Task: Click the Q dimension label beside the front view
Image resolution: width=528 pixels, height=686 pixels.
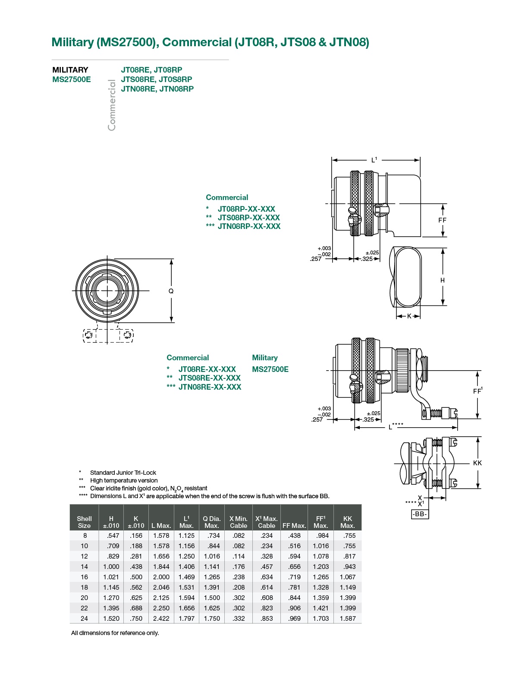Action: pyautogui.click(x=171, y=291)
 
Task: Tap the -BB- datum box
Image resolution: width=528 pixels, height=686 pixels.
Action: pyautogui.click(x=420, y=514)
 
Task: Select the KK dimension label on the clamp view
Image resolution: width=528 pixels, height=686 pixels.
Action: pyautogui.click(x=477, y=463)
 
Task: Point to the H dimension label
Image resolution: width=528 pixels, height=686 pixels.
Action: pyautogui.click(x=443, y=280)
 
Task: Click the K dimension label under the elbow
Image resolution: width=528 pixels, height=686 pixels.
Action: pyautogui.click(x=409, y=316)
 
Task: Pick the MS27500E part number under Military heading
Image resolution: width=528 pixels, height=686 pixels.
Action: pyautogui.click(x=270, y=369)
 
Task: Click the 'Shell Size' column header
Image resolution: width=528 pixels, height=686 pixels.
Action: pyautogui.click(x=84, y=522)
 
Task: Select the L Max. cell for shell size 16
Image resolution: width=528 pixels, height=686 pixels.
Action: pyautogui.click(x=161, y=577)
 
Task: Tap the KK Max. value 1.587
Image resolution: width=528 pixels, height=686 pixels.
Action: pyautogui.click(x=347, y=619)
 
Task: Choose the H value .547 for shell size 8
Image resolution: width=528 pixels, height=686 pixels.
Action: pyautogui.click(x=113, y=535)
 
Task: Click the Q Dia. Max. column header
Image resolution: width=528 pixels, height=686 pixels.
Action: pyautogui.click(x=211, y=522)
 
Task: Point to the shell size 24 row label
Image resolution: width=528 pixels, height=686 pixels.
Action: pyautogui.click(x=84, y=619)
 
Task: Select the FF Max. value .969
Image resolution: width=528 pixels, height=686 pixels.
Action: pyautogui.click(x=294, y=619)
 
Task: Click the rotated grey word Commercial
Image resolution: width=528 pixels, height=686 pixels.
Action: pyautogui.click(x=112, y=105)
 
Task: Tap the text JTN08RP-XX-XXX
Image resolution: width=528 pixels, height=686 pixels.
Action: pyautogui.click(x=249, y=226)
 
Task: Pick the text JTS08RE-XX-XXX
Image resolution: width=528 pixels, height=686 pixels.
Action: pyautogui.click(x=210, y=378)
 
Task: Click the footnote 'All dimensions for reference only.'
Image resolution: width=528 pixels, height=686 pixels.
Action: pyautogui.click(x=115, y=633)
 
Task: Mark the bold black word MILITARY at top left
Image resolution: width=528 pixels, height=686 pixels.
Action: pyautogui.click(x=70, y=70)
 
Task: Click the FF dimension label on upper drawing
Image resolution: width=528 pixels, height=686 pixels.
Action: pyautogui.click(x=442, y=220)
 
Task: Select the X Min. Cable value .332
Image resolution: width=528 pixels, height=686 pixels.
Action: pyautogui.click(x=239, y=619)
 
